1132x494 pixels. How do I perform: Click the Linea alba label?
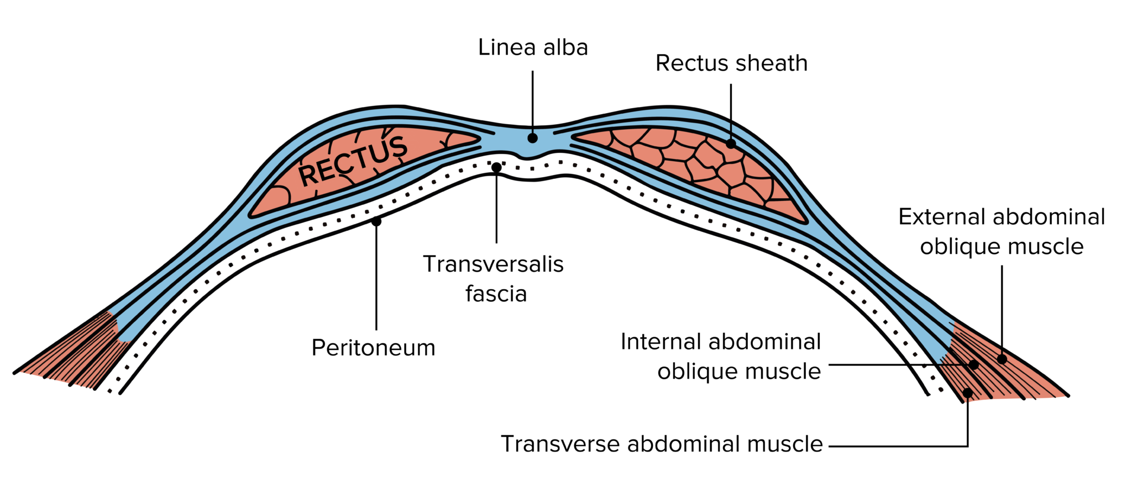[x=532, y=48]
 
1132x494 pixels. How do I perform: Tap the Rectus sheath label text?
[x=731, y=63]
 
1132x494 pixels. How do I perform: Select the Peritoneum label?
[x=373, y=348]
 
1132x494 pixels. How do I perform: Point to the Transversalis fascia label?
[x=494, y=279]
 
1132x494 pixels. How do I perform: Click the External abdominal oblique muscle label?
[x=1001, y=232]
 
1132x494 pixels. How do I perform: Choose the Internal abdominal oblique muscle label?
[x=721, y=357]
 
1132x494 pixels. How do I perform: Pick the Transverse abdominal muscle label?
[x=662, y=444]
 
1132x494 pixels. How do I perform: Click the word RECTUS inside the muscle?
[x=353, y=161]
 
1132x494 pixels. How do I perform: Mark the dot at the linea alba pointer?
[x=532, y=138]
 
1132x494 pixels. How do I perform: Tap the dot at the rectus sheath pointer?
[x=731, y=144]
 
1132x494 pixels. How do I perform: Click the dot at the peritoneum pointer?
[x=376, y=221]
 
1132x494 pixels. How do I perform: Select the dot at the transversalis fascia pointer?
[x=496, y=167]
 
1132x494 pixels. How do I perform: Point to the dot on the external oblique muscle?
[x=1002, y=359]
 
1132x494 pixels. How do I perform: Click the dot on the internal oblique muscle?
[x=974, y=365]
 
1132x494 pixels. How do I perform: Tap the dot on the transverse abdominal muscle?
[x=967, y=392]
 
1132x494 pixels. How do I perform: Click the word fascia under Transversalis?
[x=496, y=294]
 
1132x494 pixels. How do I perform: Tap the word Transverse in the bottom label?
[x=560, y=444]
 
